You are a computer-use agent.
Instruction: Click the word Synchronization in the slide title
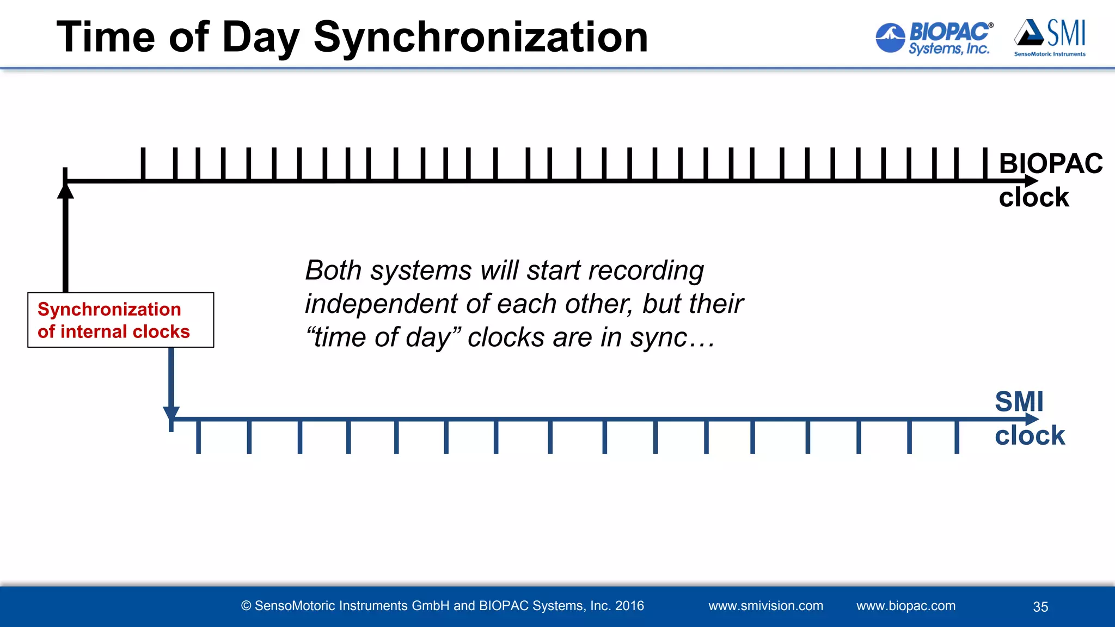pyautogui.click(x=481, y=37)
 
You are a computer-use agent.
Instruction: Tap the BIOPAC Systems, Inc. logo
pyautogui.click(x=933, y=38)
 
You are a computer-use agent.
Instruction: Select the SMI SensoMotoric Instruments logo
pyautogui.click(x=1050, y=38)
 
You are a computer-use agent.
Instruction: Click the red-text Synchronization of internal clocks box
pyautogui.click(x=120, y=320)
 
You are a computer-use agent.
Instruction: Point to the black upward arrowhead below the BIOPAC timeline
pyautogui.click(x=65, y=192)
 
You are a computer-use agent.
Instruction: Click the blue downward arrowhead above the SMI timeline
pyautogui.click(x=171, y=414)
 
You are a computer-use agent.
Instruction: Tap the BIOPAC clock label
pyautogui.click(x=1049, y=180)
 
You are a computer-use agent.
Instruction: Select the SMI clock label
pyautogui.click(x=1029, y=418)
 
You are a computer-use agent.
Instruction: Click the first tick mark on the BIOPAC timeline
pyautogui.click(x=143, y=163)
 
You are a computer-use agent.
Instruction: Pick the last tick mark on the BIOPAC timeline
pyautogui.click(x=984, y=163)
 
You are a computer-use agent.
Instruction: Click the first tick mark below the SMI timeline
pyautogui.click(x=198, y=437)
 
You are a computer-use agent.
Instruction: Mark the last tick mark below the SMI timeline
pyautogui.click(x=957, y=437)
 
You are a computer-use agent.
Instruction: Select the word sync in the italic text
pyautogui.click(x=659, y=337)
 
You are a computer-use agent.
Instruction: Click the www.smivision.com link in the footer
pyautogui.click(x=765, y=606)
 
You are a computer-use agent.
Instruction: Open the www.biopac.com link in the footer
pyautogui.click(x=905, y=606)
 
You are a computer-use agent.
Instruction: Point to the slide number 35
pyautogui.click(x=1040, y=607)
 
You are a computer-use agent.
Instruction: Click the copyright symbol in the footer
pyautogui.click(x=246, y=606)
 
